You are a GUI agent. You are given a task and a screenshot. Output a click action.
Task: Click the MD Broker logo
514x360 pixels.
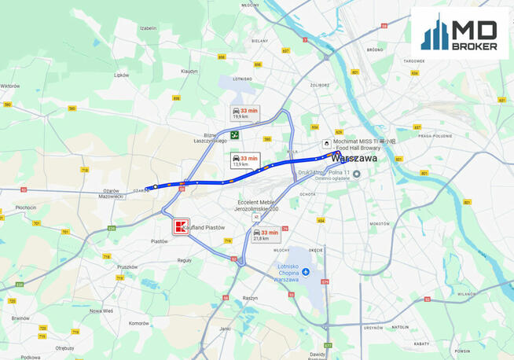tap(460, 34)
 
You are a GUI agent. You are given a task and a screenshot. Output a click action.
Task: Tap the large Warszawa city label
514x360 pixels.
tap(354, 158)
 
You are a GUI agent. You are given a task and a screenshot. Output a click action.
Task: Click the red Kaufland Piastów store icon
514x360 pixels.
tap(182, 227)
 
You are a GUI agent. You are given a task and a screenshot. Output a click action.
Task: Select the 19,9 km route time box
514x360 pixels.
tap(244, 113)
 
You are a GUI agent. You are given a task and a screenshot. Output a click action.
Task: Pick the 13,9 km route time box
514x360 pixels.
tap(244, 160)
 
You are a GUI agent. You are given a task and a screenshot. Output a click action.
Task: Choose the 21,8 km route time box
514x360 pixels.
tap(266, 235)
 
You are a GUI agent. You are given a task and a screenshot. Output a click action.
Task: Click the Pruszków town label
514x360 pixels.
tap(127, 266)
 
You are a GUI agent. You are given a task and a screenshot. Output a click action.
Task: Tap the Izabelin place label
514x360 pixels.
tap(148, 28)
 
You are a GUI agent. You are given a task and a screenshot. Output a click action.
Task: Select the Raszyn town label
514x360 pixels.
tap(251, 299)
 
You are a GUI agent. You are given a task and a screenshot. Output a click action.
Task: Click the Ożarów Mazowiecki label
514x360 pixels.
tap(112, 193)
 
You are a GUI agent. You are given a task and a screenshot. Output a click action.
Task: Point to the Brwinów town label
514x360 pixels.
tap(21, 318)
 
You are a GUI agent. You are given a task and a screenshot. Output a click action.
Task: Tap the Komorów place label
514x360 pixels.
tap(139, 322)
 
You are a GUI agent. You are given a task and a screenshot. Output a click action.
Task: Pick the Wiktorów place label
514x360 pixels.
tap(10, 86)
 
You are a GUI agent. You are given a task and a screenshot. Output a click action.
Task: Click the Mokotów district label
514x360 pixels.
tap(380, 223)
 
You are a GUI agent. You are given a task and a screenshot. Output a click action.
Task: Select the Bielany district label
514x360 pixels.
tap(259, 40)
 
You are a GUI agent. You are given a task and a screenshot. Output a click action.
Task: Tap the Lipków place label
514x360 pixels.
tap(121, 75)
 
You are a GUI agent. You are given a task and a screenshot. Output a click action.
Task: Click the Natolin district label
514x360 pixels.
tap(401, 326)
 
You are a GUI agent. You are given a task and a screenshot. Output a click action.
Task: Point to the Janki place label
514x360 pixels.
tap(226, 329)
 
